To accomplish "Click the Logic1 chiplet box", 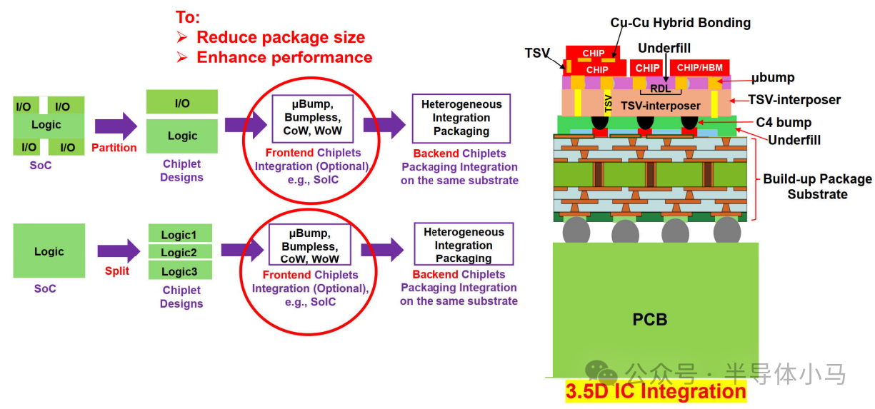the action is point(180,233).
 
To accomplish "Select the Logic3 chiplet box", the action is point(180,270).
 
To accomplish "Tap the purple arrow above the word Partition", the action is point(116,126).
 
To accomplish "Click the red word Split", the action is point(117,271).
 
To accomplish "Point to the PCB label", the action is point(649,319).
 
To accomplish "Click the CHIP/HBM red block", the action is point(699,68).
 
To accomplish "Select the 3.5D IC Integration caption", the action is point(656,391).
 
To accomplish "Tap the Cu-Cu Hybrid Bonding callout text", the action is point(681,23).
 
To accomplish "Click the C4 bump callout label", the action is point(784,123).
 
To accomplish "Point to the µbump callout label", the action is point(773,78).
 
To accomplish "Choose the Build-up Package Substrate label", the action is point(817,186).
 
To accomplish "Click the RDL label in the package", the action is point(660,89).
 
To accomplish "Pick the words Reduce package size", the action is point(281,37).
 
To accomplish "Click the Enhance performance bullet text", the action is point(284,57).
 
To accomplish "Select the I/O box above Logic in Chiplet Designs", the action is point(182,102).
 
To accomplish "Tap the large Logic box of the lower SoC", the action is point(49,251).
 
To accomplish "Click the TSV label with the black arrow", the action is point(537,53).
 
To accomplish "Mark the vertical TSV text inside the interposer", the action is point(608,103).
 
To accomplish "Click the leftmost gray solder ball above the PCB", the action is point(576,231).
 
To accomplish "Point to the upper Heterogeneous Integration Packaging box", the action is point(461,118).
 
